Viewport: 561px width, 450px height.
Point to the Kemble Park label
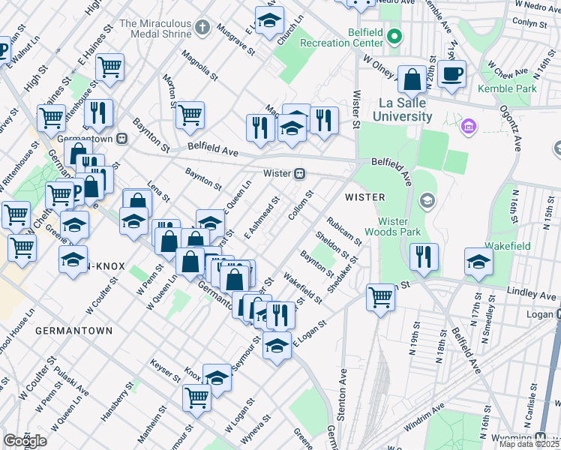(517, 88)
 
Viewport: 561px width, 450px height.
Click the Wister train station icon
(299, 173)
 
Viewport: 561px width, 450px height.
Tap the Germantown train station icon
(120, 139)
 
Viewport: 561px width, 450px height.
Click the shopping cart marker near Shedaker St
(381, 297)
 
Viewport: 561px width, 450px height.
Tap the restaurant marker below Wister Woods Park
(424, 256)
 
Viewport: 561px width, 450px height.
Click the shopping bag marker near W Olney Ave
(412, 79)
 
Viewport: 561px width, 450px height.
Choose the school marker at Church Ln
(268, 20)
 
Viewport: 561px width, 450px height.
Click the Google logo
(25, 441)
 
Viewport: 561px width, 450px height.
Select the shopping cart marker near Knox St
(196, 397)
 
